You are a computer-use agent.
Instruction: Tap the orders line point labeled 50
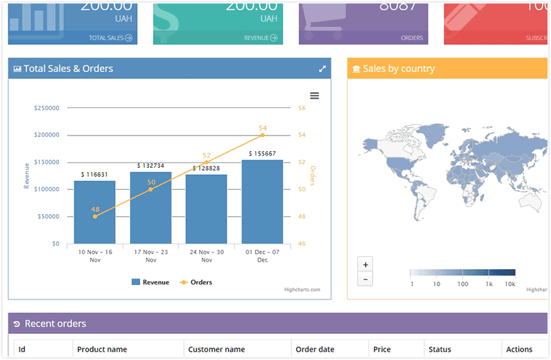point(151,189)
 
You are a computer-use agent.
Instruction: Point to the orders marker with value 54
point(262,135)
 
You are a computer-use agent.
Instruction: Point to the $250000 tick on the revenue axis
point(46,108)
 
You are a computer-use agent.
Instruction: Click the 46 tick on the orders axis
point(302,244)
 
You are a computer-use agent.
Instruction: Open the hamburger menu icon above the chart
point(315,96)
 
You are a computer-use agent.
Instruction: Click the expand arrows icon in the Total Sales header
point(322,69)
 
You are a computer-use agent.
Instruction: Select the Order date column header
point(315,350)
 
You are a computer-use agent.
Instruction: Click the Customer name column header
point(216,350)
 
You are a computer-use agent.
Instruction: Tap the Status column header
point(439,350)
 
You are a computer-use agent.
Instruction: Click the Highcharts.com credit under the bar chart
point(302,290)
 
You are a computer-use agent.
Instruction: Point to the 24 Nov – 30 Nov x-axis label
point(207,255)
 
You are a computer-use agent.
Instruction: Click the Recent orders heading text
point(55,324)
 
